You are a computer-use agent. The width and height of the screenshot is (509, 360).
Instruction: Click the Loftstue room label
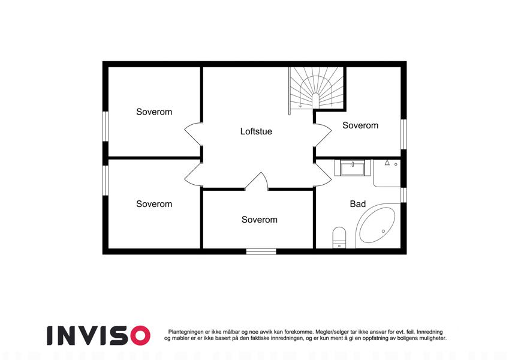click(x=256, y=131)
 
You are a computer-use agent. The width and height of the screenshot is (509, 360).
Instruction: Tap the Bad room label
click(x=358, y=204)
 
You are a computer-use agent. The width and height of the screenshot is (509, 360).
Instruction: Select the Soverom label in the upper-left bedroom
click(x=154, y=112)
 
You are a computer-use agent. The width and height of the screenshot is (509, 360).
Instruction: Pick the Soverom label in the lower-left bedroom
click(x=154, y=204)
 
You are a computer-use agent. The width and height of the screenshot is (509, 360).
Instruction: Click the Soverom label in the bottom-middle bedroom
click(x=260, y=220)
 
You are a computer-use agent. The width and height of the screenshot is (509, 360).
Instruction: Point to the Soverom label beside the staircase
click(x=360, y=125)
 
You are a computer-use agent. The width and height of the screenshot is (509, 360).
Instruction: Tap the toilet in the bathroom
click(x=339, y=238)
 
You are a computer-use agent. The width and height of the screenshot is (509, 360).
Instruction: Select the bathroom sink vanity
click(x=353, y=167)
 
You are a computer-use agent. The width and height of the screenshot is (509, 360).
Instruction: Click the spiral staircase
click(x=317, y=88)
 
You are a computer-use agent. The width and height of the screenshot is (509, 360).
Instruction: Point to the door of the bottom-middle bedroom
click(x=257, y=181)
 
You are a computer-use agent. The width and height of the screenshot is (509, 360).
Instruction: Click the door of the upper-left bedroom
click(x=194, y=134)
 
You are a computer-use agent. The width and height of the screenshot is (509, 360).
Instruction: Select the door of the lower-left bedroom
click(x=194, y=175)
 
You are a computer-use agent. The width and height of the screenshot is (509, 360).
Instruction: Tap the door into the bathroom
click(x=323, y=175)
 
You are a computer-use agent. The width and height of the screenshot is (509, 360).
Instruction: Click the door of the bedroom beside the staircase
click(x=323, y=134)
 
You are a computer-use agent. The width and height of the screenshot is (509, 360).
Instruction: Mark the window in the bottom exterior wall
click(x=261, y=251)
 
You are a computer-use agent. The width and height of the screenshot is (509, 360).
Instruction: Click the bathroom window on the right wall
click(x=403, y=195)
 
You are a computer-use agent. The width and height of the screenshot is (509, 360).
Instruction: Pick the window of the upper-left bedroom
click(x=105, y=127)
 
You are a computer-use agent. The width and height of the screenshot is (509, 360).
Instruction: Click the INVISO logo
click(x=99, y=335)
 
